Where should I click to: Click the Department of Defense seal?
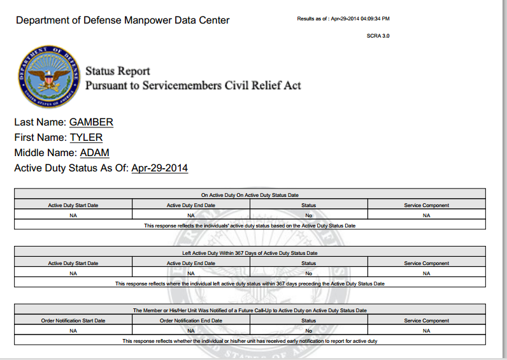49,77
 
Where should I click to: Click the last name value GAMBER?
91,122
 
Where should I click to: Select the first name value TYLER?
86,137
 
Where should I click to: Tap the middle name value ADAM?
94,153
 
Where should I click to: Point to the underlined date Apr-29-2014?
159,168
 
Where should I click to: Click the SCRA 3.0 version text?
378,36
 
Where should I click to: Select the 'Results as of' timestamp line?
343,18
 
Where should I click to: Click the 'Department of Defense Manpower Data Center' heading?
123,20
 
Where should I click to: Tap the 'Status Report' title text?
118,71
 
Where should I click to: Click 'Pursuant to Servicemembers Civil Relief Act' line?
193,85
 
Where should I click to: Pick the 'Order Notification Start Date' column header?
73,320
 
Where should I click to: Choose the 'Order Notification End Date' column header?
191,320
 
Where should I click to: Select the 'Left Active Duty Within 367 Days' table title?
250,253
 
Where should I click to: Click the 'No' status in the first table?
309,215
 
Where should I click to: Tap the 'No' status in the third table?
309,331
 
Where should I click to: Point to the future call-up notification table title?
250,310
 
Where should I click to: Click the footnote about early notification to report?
250,341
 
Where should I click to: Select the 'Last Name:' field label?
40,122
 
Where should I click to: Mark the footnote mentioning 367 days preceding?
250,284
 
